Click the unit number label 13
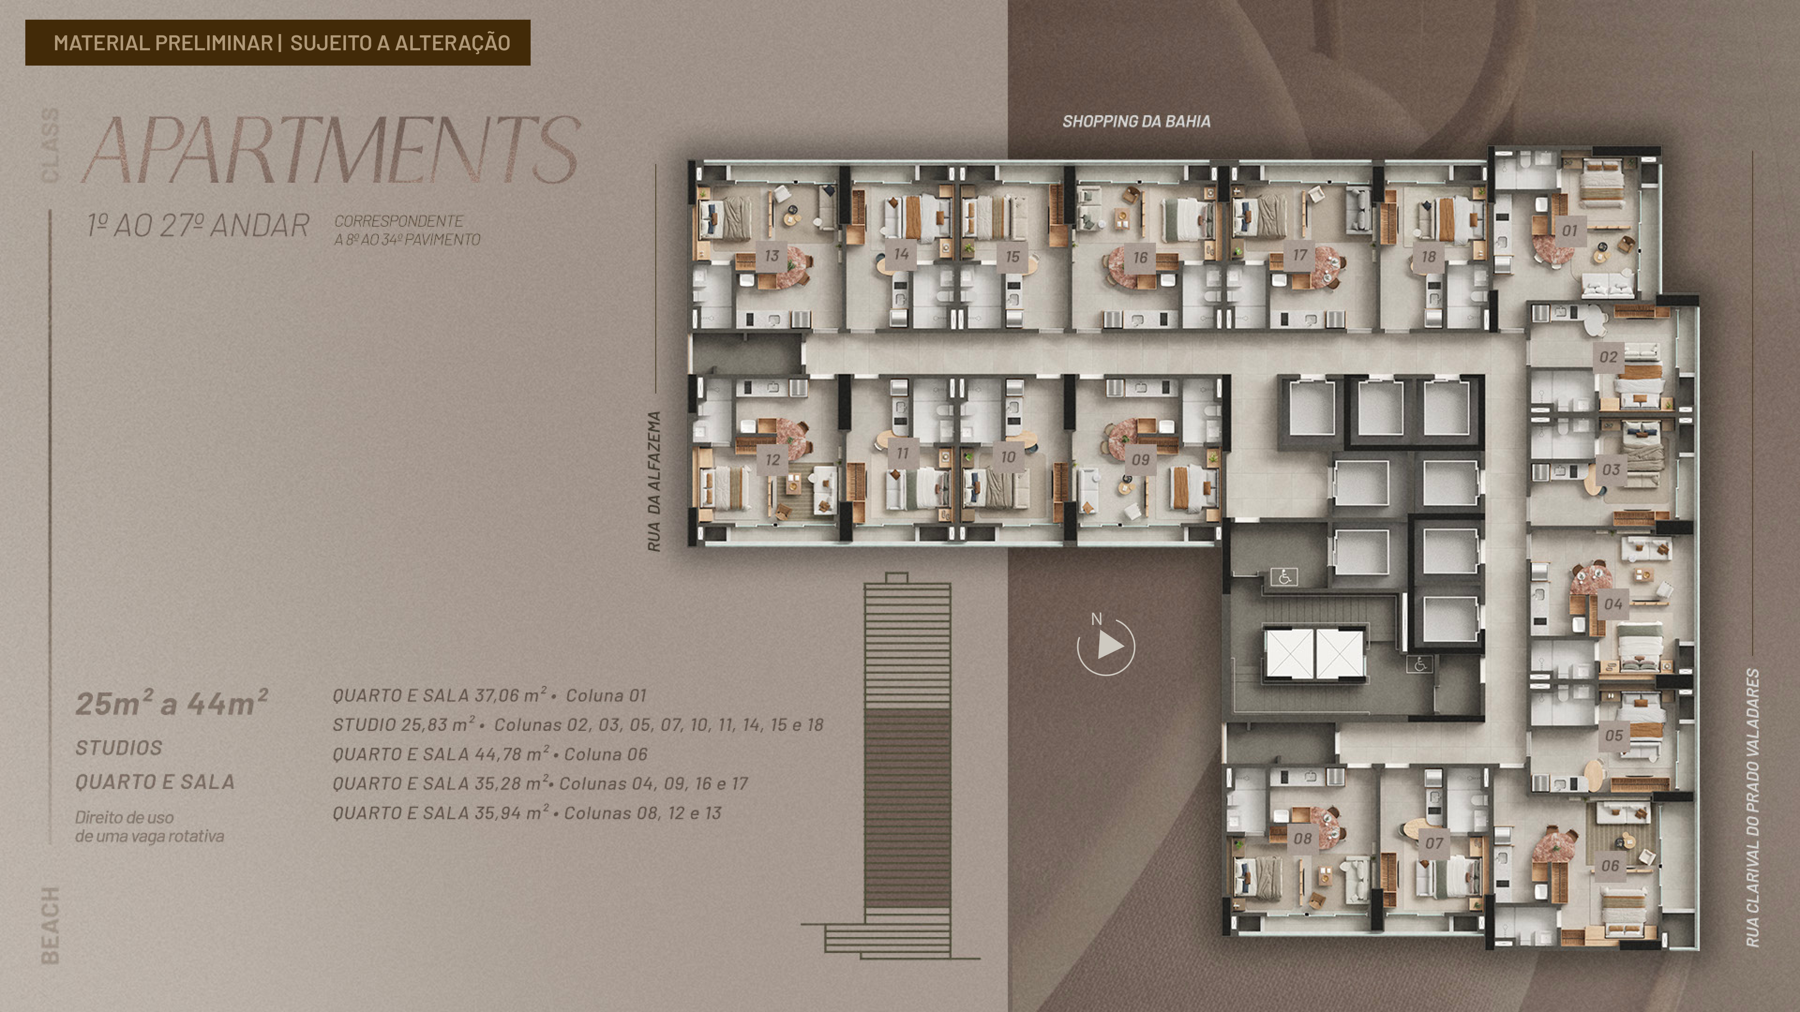[x=772, y=255]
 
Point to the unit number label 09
[x=1140, y=459]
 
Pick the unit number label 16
[x=1140, y=257]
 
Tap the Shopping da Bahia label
[x=1136, y=122]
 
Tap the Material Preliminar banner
[x=277, y=42]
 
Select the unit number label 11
[x=902, y=453]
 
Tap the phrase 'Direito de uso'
[x=124, y=817]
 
